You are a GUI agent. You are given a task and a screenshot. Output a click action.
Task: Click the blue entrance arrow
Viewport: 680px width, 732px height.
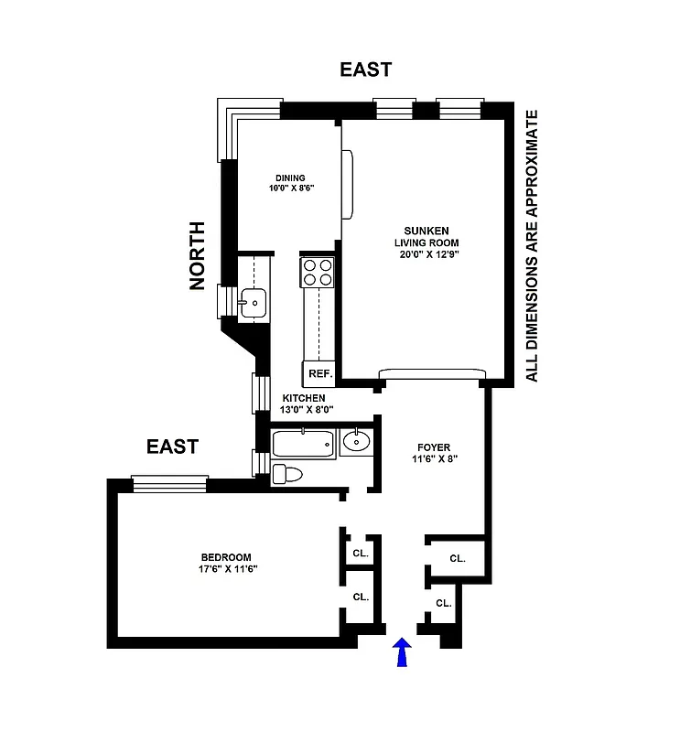pos(400,654)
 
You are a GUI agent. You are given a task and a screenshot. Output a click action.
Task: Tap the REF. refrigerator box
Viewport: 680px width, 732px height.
pos(318,373)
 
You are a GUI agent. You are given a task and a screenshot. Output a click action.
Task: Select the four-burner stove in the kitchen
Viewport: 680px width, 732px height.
pos(318,272)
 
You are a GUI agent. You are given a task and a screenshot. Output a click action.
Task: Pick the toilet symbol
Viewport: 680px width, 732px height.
pos(288,474)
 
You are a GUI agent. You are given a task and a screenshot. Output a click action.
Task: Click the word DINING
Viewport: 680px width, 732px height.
pos(290,178)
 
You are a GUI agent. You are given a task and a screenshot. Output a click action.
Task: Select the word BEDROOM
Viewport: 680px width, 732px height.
pos(225,557)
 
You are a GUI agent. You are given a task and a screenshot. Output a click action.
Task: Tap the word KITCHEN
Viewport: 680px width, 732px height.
pos(303,398)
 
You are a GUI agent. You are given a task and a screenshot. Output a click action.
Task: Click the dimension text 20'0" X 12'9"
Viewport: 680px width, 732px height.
pos(425,255)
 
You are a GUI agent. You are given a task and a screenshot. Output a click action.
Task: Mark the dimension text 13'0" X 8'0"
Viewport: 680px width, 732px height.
pos(307,411)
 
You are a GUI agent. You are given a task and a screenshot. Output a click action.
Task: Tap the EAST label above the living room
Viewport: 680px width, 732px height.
pos(365,70)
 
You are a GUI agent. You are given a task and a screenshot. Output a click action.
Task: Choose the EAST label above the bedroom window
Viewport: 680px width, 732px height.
pos(172,447)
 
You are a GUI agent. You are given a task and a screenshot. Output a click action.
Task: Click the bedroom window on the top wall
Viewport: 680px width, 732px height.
pos(169,482)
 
